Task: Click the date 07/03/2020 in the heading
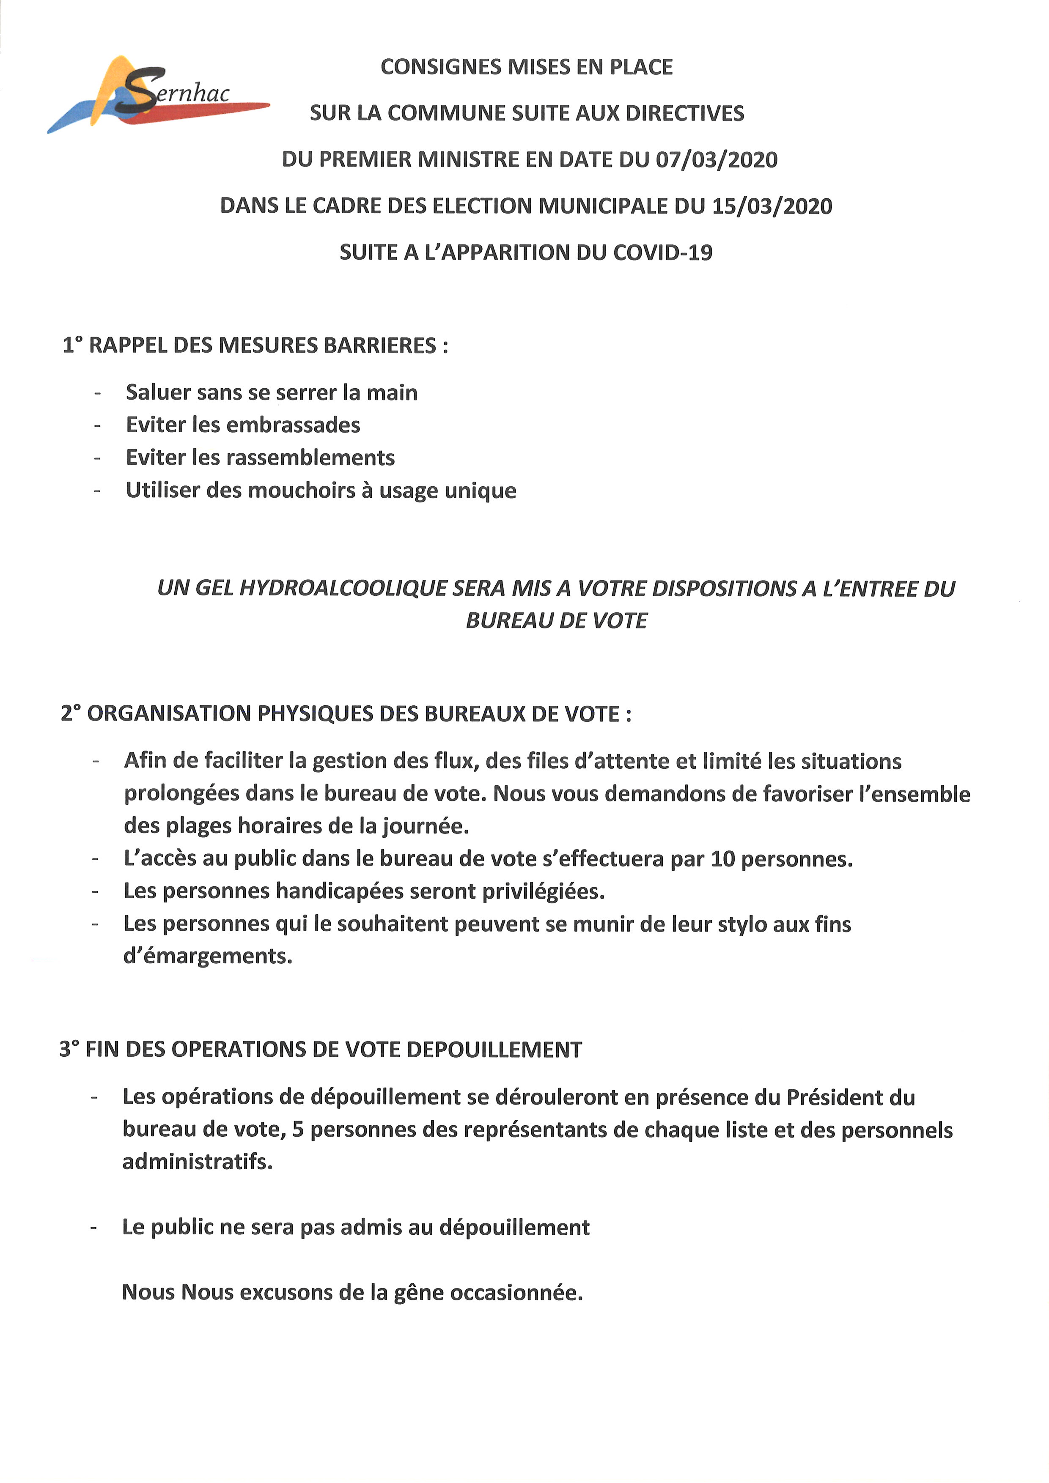point(717,159)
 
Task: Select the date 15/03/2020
point(772,206)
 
